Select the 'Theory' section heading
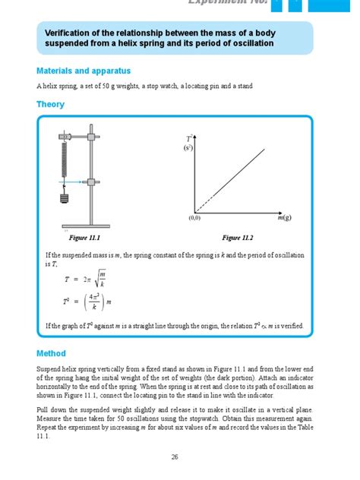click(x=50, y=105)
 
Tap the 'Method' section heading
click(x=51, y=353)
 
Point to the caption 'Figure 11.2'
click(x=236, y=238)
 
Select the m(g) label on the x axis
click(x=284, y=218)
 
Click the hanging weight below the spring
click(x=65, y=200)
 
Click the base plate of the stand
click(x=91, y=226)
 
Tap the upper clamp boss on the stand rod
click(x=93, y=137)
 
